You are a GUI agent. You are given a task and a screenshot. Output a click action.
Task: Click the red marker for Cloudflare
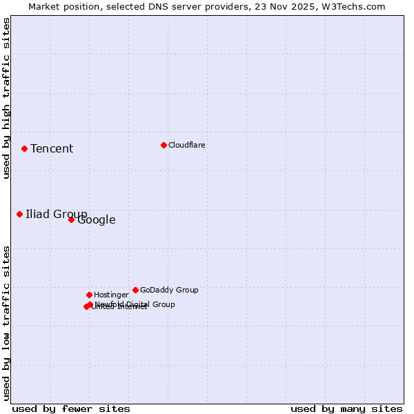(164, 145)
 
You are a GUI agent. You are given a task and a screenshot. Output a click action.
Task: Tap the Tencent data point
(24, 148)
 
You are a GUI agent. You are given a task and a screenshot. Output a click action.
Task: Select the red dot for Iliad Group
(19, 214)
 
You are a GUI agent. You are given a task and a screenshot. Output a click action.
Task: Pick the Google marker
(71, 219)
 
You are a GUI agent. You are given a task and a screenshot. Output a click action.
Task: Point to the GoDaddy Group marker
(135, 290)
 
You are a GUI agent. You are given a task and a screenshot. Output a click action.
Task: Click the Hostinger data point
(89, 295)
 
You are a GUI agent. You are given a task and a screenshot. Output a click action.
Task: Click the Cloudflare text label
(187, 145)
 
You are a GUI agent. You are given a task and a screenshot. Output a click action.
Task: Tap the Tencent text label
(52, 149)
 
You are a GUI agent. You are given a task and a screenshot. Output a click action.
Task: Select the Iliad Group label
(57, 214)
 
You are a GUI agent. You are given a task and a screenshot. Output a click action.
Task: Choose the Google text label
(97, 220)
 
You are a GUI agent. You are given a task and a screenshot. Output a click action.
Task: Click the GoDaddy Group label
(169, 290)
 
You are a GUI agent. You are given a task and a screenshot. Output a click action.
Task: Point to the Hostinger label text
(111, 295)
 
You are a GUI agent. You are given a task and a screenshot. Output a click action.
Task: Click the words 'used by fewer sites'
(71, 408)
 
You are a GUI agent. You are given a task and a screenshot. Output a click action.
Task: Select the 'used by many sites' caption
(346, 408)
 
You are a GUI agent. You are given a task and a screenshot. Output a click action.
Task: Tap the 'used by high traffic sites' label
(7, 98)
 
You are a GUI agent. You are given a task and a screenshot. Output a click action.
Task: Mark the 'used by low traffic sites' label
(7, 323)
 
